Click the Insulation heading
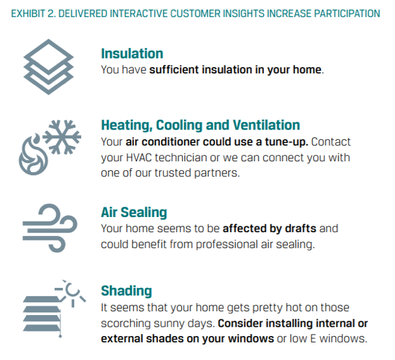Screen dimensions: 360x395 tap(132, 53)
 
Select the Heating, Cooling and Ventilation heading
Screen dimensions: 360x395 tap(200, 125)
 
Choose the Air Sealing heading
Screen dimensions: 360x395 tap(134, 212)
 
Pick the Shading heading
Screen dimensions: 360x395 tap(126, 290)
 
